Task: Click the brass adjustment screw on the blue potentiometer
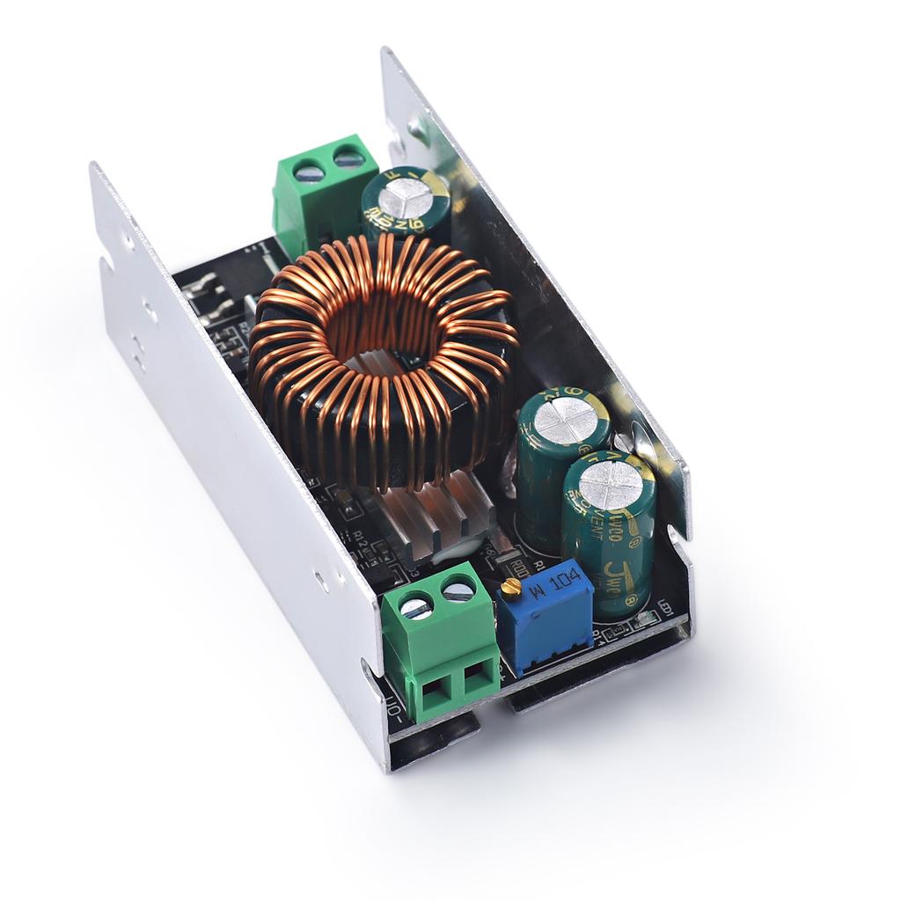coord(508,587)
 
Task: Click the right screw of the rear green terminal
coord(348,159)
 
